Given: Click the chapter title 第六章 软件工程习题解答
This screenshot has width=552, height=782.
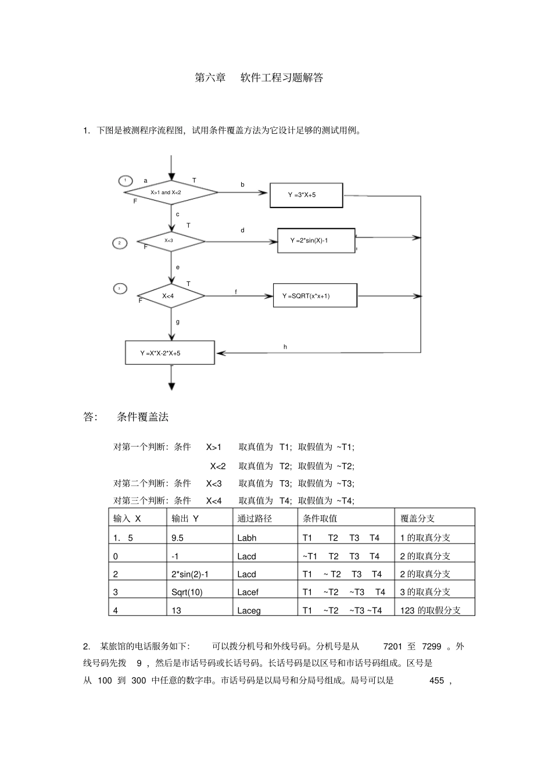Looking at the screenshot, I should coord(259,77).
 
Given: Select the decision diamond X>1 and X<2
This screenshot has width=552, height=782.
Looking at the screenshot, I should coord(171,192).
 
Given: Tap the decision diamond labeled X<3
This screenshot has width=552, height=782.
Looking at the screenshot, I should coord(171,240).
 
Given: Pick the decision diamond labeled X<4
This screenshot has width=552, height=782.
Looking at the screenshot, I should coord(171,296).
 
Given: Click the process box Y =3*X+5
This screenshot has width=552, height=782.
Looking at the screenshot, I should coord(306,195).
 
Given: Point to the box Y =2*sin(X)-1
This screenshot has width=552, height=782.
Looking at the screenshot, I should coord(316,241).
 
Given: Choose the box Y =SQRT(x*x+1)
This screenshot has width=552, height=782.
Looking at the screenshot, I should coord(315,296).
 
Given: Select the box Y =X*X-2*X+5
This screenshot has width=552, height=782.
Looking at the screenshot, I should coord(170,353).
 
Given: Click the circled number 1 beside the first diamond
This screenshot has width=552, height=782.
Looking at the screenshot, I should coord(126,180).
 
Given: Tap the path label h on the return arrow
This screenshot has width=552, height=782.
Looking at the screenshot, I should coord(285,347).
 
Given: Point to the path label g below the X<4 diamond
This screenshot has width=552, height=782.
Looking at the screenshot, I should coord(178,322).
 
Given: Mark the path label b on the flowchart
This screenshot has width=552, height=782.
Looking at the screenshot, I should coord(243,185).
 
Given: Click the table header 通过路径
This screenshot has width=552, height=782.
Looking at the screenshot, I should coord(255,518).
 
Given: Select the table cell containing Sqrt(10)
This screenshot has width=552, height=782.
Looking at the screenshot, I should coord(187,592).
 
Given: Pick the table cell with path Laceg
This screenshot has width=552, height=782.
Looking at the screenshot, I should coord(249,610).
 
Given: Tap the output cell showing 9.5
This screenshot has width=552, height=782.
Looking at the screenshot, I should coord(178,538).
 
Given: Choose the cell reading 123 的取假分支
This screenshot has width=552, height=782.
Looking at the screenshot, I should coord(431,610).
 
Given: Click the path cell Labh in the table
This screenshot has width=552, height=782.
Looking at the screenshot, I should coord(246,538).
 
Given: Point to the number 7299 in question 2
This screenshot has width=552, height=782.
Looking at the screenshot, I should coord(431,647).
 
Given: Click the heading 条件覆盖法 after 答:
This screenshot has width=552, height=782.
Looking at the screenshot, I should coord(142,417).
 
